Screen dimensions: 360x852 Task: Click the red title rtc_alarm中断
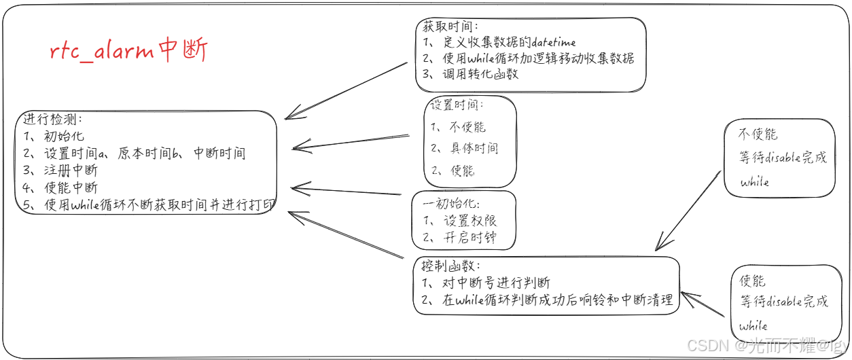click(x=128, y=51)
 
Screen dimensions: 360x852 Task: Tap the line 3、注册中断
click(x=60, y=170)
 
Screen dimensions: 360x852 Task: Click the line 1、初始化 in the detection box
click(x=54, y=136)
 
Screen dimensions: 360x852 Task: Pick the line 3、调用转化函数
click(x=470, y=74)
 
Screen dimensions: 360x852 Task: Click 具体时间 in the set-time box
click(x=474, y=148)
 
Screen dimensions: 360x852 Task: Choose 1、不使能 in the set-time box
click(x=459, y=126)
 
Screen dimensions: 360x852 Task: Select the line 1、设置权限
click(x=459, y=221)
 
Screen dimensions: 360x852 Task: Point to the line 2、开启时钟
click(x=459, y=238)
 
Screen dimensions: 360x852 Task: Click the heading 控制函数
click(x=450, y=266)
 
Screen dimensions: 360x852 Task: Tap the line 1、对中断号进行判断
click(x=486, y=283)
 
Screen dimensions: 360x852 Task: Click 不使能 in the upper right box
click(x=758, y=134)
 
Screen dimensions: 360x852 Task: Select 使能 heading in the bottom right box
click(x=753, y=280)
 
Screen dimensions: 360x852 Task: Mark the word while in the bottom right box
click(x=753, y=325)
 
